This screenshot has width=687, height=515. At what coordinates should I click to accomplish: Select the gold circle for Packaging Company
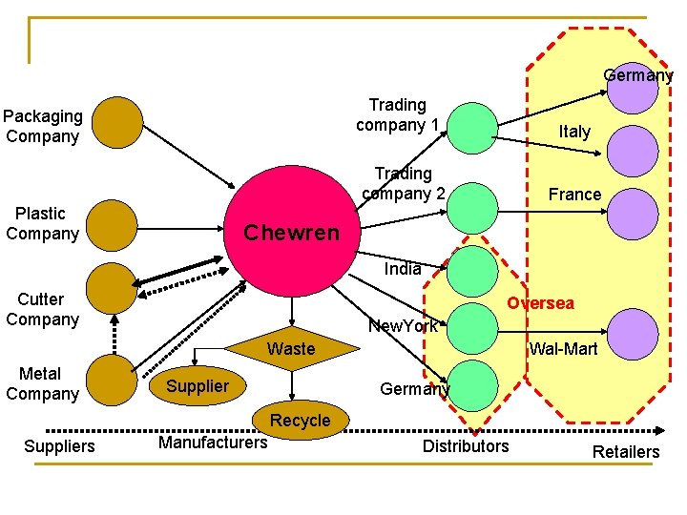click(x=115, y=122)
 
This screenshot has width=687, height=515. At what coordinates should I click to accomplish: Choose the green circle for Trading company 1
click(x=471, y=128)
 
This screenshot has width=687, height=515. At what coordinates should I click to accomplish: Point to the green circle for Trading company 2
click(x=471, y=208)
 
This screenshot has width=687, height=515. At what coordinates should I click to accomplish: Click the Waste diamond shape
click(x=291, y=350)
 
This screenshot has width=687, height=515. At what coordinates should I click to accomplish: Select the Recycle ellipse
click(x=301, y=421)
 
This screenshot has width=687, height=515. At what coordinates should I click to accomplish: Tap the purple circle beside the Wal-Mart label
click(x=633, y=334)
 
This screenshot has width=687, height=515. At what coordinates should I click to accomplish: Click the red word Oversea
click(x=540, y=303)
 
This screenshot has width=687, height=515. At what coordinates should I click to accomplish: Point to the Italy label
click(x=574, y=132)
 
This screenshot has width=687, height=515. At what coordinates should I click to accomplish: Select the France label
click(x=574, y=195)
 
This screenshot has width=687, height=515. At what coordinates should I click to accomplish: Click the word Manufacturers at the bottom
click(x=213, y=442)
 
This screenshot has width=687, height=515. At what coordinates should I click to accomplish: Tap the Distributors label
click(x=466, y=445)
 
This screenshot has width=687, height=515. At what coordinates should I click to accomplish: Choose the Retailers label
click(x=626, y=451)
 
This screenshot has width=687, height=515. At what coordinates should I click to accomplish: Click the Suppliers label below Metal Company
click(x=59, y=445)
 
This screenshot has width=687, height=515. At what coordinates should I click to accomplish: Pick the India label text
click(x=403, y=269)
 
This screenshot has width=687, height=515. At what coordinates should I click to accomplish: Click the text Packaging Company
click(x=42, y=126)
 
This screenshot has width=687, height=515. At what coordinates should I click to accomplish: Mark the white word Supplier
click(x=198, y=386)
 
